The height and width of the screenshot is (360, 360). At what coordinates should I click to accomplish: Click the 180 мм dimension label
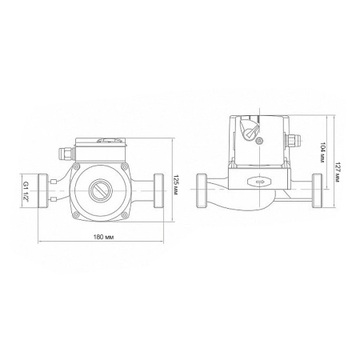click(103, 237)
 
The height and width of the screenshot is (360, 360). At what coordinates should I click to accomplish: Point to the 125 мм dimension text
click(175, 185)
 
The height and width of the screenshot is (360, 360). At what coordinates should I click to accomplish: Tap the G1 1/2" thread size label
click(26, 191)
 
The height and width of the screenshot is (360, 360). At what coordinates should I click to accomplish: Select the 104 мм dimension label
click(323, 153)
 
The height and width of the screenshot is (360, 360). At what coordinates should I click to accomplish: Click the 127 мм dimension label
click(337, 172)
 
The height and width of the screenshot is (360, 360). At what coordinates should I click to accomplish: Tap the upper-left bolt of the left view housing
click(77, 166)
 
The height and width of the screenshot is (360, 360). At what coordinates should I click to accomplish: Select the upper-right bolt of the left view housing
click(124, 166)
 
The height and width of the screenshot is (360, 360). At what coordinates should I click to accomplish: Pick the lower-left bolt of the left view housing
click(77, 214)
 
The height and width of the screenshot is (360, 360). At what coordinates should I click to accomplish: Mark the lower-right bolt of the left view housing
click(124, 215)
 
